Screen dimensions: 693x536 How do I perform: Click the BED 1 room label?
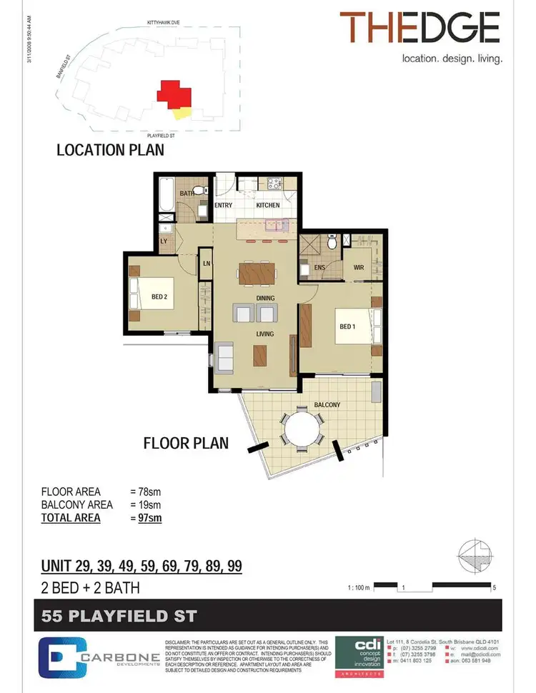(x=347, y=327)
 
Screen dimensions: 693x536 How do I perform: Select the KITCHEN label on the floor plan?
(x=268, y=206)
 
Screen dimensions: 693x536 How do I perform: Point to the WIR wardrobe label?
(x=359, y=269)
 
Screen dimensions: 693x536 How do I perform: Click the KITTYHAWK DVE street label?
(x=169, y=23)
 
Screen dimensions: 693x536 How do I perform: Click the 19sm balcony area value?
(x=145, y=505)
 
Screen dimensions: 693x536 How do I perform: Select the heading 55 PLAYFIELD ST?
(x=118, y=615)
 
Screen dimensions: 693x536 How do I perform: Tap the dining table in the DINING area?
(x=256, y=273)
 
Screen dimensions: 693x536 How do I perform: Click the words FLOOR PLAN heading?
(x=186, y=443)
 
